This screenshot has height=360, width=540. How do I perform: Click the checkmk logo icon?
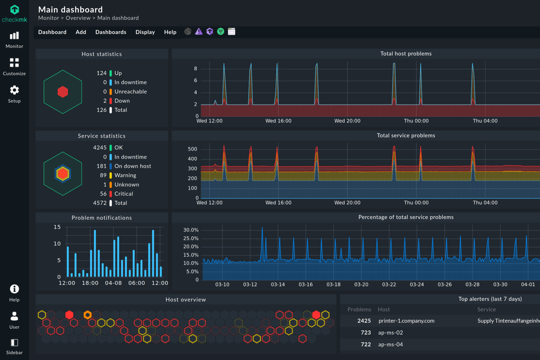pos(15,10)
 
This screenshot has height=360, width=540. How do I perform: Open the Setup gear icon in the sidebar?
pos(14,90)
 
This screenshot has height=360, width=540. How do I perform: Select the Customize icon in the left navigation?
pos(14,63)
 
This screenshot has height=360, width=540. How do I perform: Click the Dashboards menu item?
pos(111,32)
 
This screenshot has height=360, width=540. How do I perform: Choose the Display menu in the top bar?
pos(145,32)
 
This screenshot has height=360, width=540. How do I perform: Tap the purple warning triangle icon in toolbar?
pos(198,32)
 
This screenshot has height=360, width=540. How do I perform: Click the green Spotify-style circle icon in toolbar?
pos(220,32)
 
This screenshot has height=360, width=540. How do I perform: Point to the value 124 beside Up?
pos(101,73)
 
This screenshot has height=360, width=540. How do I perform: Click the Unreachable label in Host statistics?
pos(130,92)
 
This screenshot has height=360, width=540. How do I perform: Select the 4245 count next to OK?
pos(100,148)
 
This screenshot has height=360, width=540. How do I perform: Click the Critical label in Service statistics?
pos(123,194)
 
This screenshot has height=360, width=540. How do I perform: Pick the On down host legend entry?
pos(132,166)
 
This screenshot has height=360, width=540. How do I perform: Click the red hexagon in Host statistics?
pos(63,92)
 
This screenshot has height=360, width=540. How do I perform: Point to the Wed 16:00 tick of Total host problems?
pos(278,121)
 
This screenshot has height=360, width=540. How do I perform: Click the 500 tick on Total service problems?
pos(192,149)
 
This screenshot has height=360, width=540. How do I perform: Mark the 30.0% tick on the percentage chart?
pos(191,230)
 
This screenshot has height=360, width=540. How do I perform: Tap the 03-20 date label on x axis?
pos(361,284)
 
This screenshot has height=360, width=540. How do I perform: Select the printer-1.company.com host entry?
pos(406,321)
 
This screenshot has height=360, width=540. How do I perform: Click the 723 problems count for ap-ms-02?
pos(366,333)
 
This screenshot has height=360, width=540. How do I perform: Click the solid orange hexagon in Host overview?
pos(88,315)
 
